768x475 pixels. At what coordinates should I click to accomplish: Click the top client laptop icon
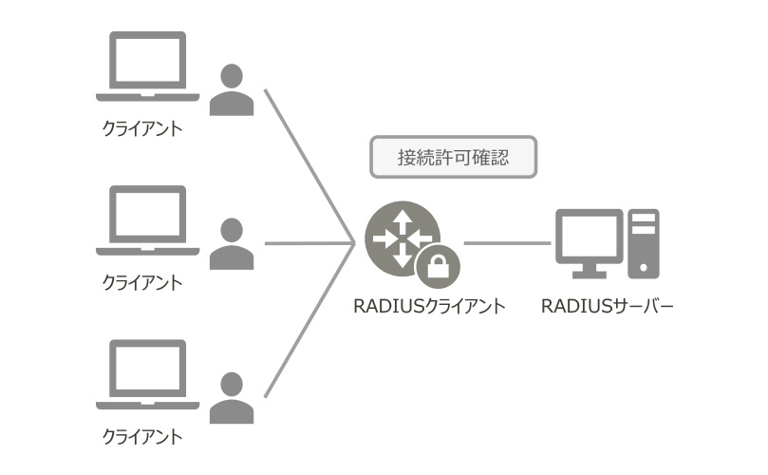[147, 66]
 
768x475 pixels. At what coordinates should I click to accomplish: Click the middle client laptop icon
[147, 220]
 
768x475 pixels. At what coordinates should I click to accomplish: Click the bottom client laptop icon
[147, 375]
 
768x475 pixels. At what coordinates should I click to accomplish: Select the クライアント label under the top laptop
[141, 128]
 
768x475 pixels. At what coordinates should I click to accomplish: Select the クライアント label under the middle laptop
[141, 282]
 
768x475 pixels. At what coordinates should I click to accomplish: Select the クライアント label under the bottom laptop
[141, 437]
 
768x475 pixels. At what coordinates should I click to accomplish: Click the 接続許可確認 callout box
[453, 158]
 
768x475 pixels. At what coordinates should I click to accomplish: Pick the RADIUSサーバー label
[607, 307]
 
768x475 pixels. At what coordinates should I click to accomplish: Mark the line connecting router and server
[507, 243]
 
